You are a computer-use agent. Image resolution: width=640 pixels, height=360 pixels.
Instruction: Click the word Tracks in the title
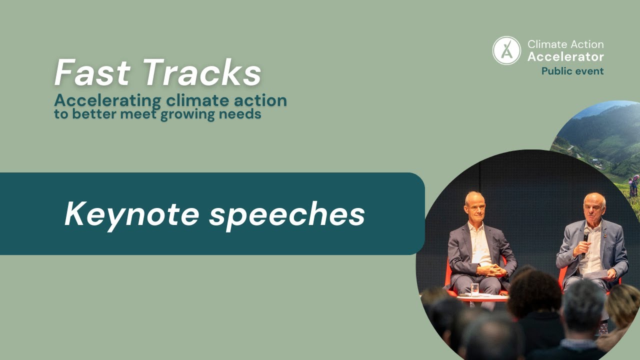[202, 73]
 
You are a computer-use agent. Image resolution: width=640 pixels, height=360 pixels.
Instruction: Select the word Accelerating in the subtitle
[107, 100]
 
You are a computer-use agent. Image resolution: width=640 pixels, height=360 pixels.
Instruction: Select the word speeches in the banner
[286, 215]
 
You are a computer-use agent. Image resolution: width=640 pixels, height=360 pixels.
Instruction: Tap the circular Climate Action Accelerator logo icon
[506, 50]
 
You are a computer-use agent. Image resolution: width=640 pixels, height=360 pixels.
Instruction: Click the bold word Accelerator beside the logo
[565, 56]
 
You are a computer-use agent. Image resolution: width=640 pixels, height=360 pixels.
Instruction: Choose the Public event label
[572, 71]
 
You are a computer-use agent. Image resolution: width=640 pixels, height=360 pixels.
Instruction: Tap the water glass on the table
[474, 289]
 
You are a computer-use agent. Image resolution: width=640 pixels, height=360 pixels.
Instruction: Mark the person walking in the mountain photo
[633, 186]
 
